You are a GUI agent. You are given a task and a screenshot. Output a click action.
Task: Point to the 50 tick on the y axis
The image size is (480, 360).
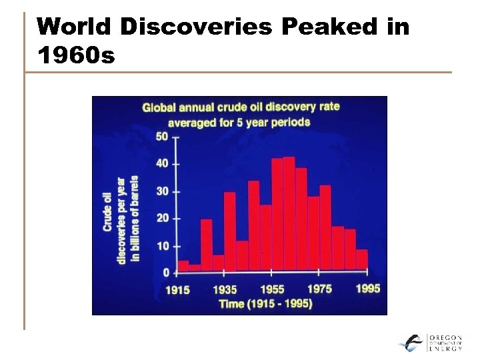coord(162,137)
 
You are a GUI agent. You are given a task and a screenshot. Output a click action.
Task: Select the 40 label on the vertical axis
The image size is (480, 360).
coord(162,164)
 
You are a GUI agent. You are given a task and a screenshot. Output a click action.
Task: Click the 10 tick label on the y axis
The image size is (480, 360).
coord(162,246)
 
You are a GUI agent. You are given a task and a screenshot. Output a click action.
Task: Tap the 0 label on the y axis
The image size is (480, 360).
coord(165,273)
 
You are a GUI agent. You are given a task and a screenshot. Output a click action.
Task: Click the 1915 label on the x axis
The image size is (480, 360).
coord(177,290)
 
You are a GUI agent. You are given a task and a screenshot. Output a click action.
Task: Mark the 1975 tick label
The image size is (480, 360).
coord(319,289)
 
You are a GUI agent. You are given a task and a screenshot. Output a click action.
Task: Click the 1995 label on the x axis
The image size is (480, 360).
coord(367,289)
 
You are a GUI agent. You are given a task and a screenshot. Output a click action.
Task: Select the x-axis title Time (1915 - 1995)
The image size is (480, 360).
coord(265,304)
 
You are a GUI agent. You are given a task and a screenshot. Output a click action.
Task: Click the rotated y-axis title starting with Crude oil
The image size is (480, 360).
coord(121,219)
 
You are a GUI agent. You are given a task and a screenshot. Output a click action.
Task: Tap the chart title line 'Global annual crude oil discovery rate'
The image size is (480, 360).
coord(241,107)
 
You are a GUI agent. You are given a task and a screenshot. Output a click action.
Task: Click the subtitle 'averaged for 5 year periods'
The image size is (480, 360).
coord(239,122)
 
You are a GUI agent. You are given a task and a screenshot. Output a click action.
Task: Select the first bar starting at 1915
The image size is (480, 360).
coord(183,266)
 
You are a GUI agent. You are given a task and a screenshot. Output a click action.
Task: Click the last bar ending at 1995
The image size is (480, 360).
coord(362,260)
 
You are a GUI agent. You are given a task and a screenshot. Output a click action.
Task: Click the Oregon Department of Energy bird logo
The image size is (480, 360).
coord(411,343)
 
